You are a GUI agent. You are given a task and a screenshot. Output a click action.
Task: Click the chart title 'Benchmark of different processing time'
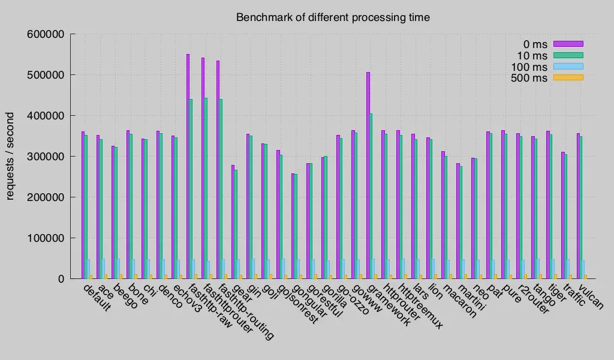pyautogui.click(x=333, y=17)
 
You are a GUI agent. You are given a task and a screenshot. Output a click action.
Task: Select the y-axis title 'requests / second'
pyautogui.click(x=11, y=155)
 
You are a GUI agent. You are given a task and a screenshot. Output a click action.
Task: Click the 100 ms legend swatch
pyautogui.click(x=568, y=67)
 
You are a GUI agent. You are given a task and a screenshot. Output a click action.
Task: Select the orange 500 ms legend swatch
pyautogui.click(x=568, y=77)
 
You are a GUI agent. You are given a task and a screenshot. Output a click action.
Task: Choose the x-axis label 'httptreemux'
pyautogui.click(x=423, y=307)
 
